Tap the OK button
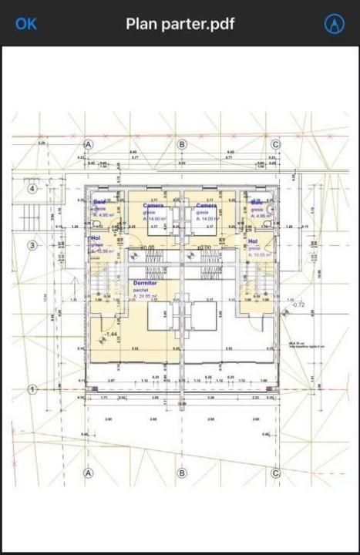(26, 24)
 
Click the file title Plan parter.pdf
(180, 24)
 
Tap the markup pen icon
(334, 24)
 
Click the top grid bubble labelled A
(89, 144)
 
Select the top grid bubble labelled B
(183, 144)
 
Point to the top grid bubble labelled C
(276, 144)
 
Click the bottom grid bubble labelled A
(88, 473)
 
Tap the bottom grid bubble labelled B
(182, 473)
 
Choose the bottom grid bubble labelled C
(276, 473)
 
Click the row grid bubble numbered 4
(32, 189)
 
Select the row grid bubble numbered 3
(32, 246)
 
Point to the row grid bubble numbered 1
(32, 390)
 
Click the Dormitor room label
(146, 284)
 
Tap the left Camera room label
(153, 206)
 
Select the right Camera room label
(206, 206)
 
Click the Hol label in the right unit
(253, 241)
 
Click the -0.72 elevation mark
(298, 304)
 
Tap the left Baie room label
(100, 202)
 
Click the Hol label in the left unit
(95, 239)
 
